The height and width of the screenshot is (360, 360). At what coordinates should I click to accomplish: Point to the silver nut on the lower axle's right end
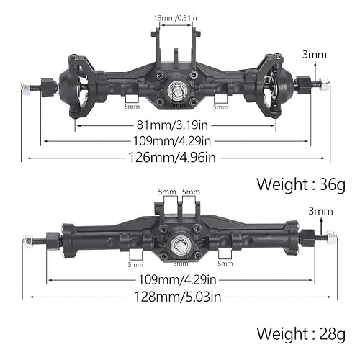pyautogui.click(x=331, y=235)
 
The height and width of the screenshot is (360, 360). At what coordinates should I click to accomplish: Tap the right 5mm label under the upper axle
pyautogui.click(x=220, y=107)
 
